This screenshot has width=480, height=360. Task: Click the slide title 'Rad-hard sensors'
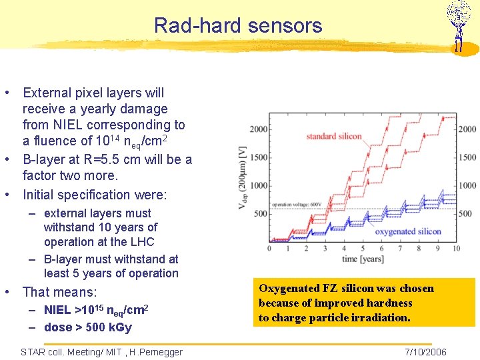[x=237, y=26]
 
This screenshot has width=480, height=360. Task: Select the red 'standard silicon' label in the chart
[x=333, y=137]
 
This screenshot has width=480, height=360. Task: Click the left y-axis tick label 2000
[x=259, y=129]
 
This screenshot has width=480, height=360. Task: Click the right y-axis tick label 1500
[x=467, y=157]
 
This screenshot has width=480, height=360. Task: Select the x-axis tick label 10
[x=456, y=248]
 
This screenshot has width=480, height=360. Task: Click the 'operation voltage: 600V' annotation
[x=297, y=204]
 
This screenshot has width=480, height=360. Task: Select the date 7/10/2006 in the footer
[x=425, y=352]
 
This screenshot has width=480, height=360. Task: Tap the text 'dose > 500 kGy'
[x=88, y=327]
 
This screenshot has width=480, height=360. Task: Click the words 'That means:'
[x=59, y=292]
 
